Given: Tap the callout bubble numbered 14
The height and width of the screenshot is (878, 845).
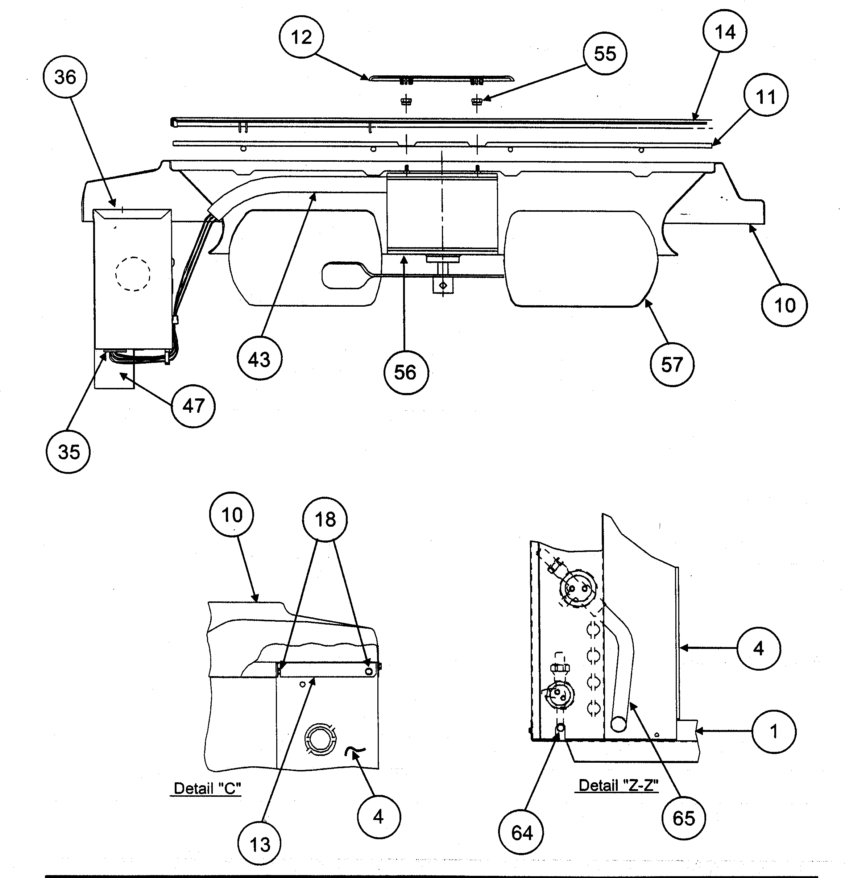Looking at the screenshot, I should point(725,32).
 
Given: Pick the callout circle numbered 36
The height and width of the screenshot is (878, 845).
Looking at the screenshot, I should point(65,78).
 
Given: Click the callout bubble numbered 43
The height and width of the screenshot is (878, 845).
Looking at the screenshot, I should point(260,359).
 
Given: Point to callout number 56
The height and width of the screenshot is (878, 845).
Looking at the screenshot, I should point(406,372).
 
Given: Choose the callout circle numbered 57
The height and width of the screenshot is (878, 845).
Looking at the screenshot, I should point(672,365).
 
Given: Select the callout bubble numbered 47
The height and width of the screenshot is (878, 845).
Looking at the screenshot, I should point(193,406).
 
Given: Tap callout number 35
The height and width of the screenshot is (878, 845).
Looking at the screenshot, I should point(68,452).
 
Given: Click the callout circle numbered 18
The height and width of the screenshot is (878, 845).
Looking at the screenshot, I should point(325,519).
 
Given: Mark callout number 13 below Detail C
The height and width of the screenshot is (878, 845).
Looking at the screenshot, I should point(260,844).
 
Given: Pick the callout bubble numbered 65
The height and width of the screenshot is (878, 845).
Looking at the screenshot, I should point(683,818).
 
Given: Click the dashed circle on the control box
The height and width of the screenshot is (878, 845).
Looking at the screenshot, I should point(133,274).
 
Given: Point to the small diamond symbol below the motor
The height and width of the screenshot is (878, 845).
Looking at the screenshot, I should point(443,285).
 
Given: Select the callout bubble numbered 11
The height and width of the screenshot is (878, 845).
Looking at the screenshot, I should point(765,97).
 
